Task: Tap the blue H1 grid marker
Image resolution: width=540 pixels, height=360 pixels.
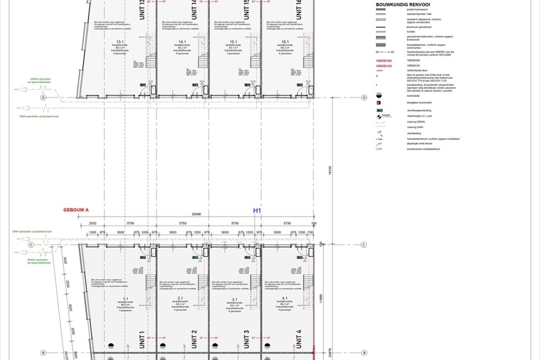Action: pos(257,210)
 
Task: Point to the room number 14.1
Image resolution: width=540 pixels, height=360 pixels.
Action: pos(183,42)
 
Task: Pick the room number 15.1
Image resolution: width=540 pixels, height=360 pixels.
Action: pos(233,42)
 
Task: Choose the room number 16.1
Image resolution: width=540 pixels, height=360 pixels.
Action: pos(285,42)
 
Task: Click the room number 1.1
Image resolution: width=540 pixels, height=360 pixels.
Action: pos(125,298)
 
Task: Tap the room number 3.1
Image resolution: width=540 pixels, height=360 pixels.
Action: pos(235,298)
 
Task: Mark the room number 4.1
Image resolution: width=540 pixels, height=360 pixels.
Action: pos(285,298)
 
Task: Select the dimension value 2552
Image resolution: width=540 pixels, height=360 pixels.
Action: pos(93,223)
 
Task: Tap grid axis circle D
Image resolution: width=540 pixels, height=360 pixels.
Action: pos(44,98)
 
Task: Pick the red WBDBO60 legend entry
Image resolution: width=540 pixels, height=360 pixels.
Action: pos(384,60)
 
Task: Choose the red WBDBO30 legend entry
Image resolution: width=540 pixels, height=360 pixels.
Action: pos(384,66)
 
